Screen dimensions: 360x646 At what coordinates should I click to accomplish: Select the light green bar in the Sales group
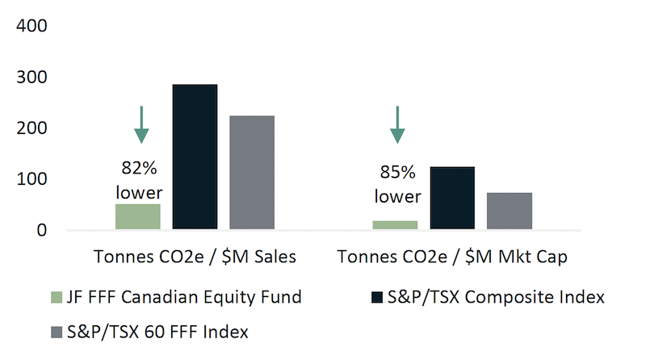click(x=138, y=216)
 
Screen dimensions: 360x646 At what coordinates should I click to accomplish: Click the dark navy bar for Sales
click(x=195, y=157)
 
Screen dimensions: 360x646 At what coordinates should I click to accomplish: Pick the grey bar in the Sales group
click(x=252, y=173)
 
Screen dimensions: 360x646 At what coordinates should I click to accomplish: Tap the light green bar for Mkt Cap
click(x=395, y=224)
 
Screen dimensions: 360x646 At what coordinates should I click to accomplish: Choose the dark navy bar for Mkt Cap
click(x=451, y=198)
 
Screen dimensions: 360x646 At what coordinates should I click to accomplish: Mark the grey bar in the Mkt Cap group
click(x=509, y=211)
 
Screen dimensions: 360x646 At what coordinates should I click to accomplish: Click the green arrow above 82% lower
click(x=141, y=123)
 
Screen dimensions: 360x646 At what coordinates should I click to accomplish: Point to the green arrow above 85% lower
click(x=396, y=123)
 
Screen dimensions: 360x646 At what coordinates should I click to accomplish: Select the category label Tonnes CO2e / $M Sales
click(x=194, y=257)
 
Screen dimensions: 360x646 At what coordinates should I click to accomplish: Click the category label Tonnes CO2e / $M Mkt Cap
click(x=452, y=257)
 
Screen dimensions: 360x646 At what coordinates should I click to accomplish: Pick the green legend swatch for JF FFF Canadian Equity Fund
click(x=56, y=297)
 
